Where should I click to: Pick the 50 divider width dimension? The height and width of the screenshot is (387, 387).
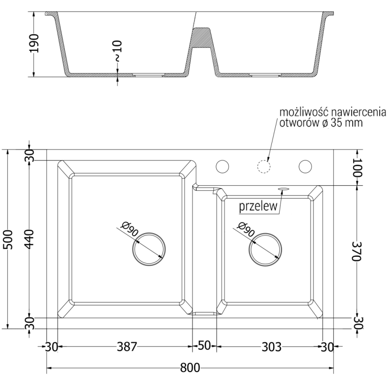(205, 346)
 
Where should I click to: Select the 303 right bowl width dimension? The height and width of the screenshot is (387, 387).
(271, 346)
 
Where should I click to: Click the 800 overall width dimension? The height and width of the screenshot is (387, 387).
(189, 368)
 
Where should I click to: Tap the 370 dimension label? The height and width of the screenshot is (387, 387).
(357, 252)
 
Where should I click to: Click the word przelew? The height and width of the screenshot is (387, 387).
(258, 207)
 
